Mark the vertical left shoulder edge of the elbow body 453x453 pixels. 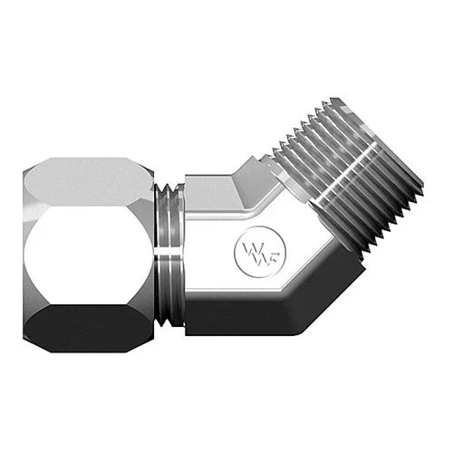pyautogui.click(x=187, y=254)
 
